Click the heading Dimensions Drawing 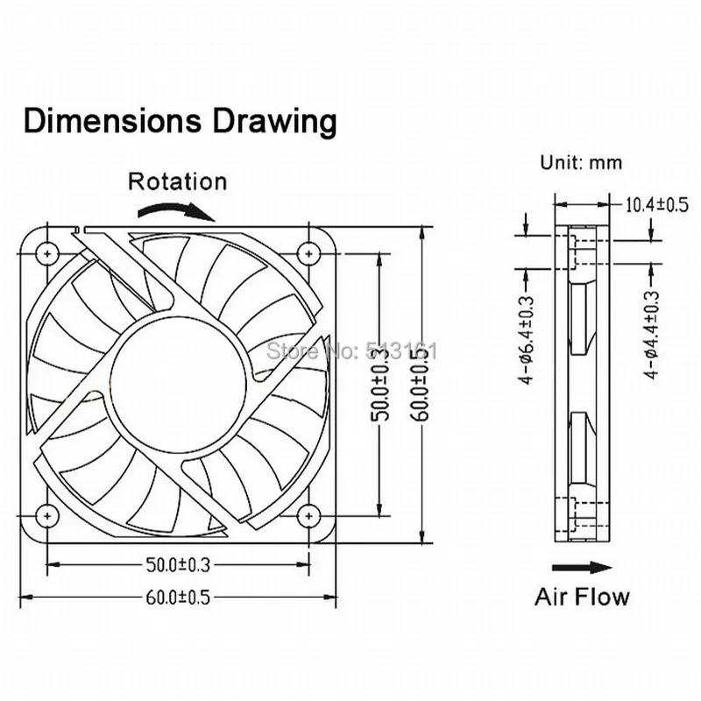coord(180,121)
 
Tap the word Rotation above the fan coord(177,182)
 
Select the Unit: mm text coord(580,163)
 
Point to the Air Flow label coord(582,598)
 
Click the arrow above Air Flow coord(582,567)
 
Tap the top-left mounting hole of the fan coord(44,253)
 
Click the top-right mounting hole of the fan coord(307,253)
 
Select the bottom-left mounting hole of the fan coord(44,516)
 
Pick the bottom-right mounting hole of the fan coord(307,516)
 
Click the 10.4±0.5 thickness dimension coord(655,205)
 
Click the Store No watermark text coord(350,351)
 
